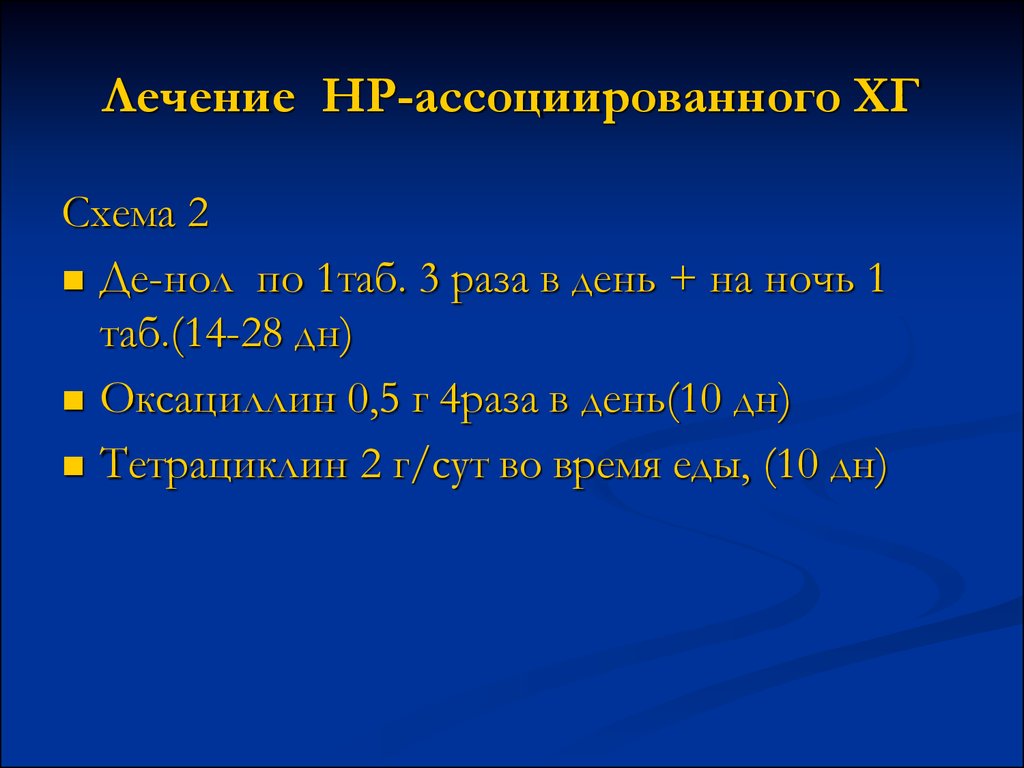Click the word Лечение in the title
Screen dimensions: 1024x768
(199, 97)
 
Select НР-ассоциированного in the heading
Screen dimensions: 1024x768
(580, 97)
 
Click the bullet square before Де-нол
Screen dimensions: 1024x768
(74, 281)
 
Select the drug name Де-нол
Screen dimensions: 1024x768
(166, 280)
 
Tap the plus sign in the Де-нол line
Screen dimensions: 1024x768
(682, 281)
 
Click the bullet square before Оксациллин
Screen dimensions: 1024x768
(74, 400)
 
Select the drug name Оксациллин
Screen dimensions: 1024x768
(217, 400)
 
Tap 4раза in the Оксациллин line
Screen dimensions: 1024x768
(488, 400)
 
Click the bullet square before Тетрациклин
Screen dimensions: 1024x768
(74, 466)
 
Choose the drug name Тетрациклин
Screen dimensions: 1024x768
(225, 466)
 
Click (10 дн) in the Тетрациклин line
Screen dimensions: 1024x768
(825, 466)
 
